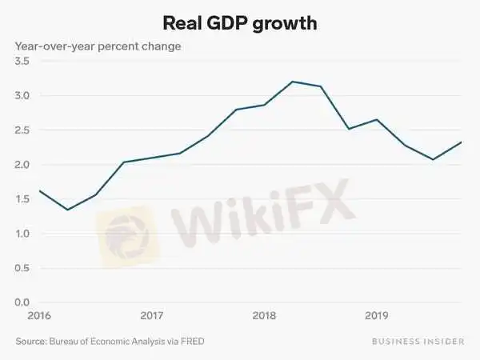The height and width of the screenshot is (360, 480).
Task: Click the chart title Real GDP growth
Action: pos(240,22)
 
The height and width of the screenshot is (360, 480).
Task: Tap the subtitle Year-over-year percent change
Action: pos(98,46)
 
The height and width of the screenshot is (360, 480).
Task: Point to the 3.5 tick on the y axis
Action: pos(22,62)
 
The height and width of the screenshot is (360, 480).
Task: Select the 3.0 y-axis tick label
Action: pos(22,96)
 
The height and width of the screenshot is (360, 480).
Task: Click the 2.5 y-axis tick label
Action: pos(22,130)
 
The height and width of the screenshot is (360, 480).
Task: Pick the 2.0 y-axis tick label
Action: pos(22,165)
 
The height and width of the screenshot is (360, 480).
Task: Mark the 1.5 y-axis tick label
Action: pos(22,199)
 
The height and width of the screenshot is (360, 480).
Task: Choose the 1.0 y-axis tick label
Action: pos(22,234)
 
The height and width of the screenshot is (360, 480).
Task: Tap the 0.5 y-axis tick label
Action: pos(22,268)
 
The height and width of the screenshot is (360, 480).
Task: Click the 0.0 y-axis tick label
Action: pos(22,302)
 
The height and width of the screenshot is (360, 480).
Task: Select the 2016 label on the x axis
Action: pos(26,315)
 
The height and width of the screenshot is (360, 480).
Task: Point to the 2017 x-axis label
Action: pos(152,315)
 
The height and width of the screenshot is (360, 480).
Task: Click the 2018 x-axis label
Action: pos(264,315)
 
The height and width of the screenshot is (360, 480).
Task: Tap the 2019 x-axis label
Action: pos(377,315)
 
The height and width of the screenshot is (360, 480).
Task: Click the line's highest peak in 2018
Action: pos(293,82)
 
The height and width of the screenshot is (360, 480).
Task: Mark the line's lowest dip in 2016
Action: pos(67,210)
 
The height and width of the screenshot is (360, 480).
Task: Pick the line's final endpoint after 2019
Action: pos(461,142)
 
